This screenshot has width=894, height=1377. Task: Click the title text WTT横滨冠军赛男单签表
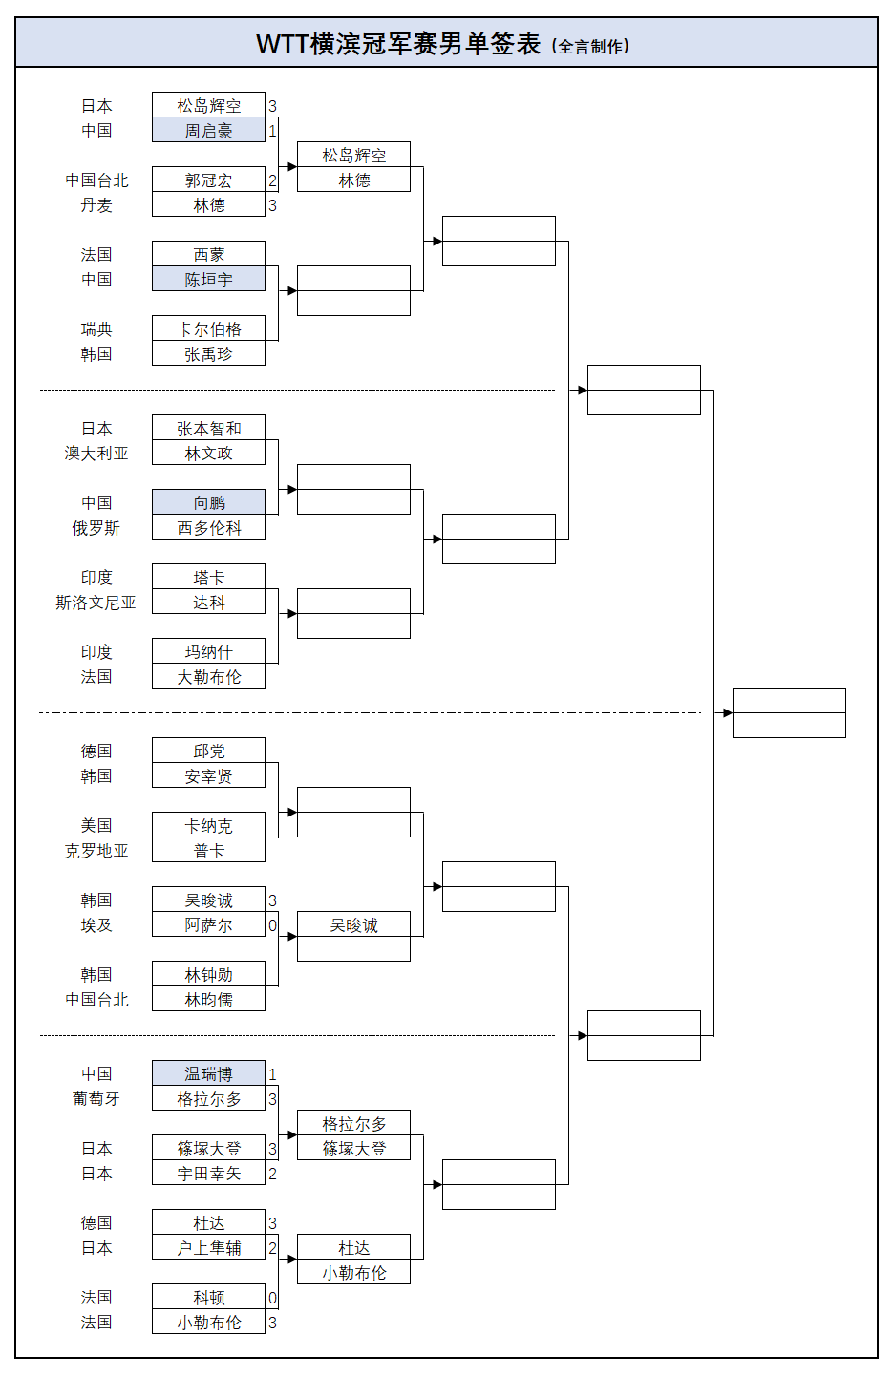pyautogui.click(x=398, y=44)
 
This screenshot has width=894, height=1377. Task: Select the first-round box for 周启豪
pyautogui.click(x=208, y=130)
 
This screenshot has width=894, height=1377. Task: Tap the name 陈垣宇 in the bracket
pyautogui.click(x=208, y=280)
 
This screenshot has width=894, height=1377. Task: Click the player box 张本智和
pyautogui.click(x=208, y=428)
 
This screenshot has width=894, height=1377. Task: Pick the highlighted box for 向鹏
pyautogui.click(x=208, y=502)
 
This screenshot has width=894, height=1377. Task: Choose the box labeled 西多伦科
pyautogui.click(x=208, y=527)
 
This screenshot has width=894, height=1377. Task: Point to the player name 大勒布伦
pyautogui.click(x=208, y=677)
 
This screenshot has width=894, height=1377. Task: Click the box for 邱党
pyautogui.click(x=208, y=751)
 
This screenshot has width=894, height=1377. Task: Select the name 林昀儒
pyautogui.click(x=208, y=1000)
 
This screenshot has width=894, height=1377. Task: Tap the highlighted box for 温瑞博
pyautogui.click(x=208, y=1073)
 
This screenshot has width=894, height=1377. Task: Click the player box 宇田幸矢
pyautogui.click(x=208, y=1173)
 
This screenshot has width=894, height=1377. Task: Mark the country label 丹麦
pyautogui.click(x=96, y=204)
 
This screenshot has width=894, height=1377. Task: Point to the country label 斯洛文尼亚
pyautogui.click(x=96, y=603)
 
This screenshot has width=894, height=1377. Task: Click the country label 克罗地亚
pyautogui.click(x=96, y=851)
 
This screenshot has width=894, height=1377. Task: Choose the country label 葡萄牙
pyautogui.click(x=96, y=1098)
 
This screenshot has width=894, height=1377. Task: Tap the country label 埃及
pyautogui.click(x=96, y=925)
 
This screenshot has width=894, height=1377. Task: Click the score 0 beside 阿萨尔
pyautogui.click(x=272, y=925)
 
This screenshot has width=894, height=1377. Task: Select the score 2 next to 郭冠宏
pyautogui.click(x=272, y=180)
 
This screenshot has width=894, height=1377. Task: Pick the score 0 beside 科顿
pyautogui.click(x=272, y=1298)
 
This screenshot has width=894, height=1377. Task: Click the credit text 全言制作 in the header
pyautogui.click(x=590, y=47)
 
